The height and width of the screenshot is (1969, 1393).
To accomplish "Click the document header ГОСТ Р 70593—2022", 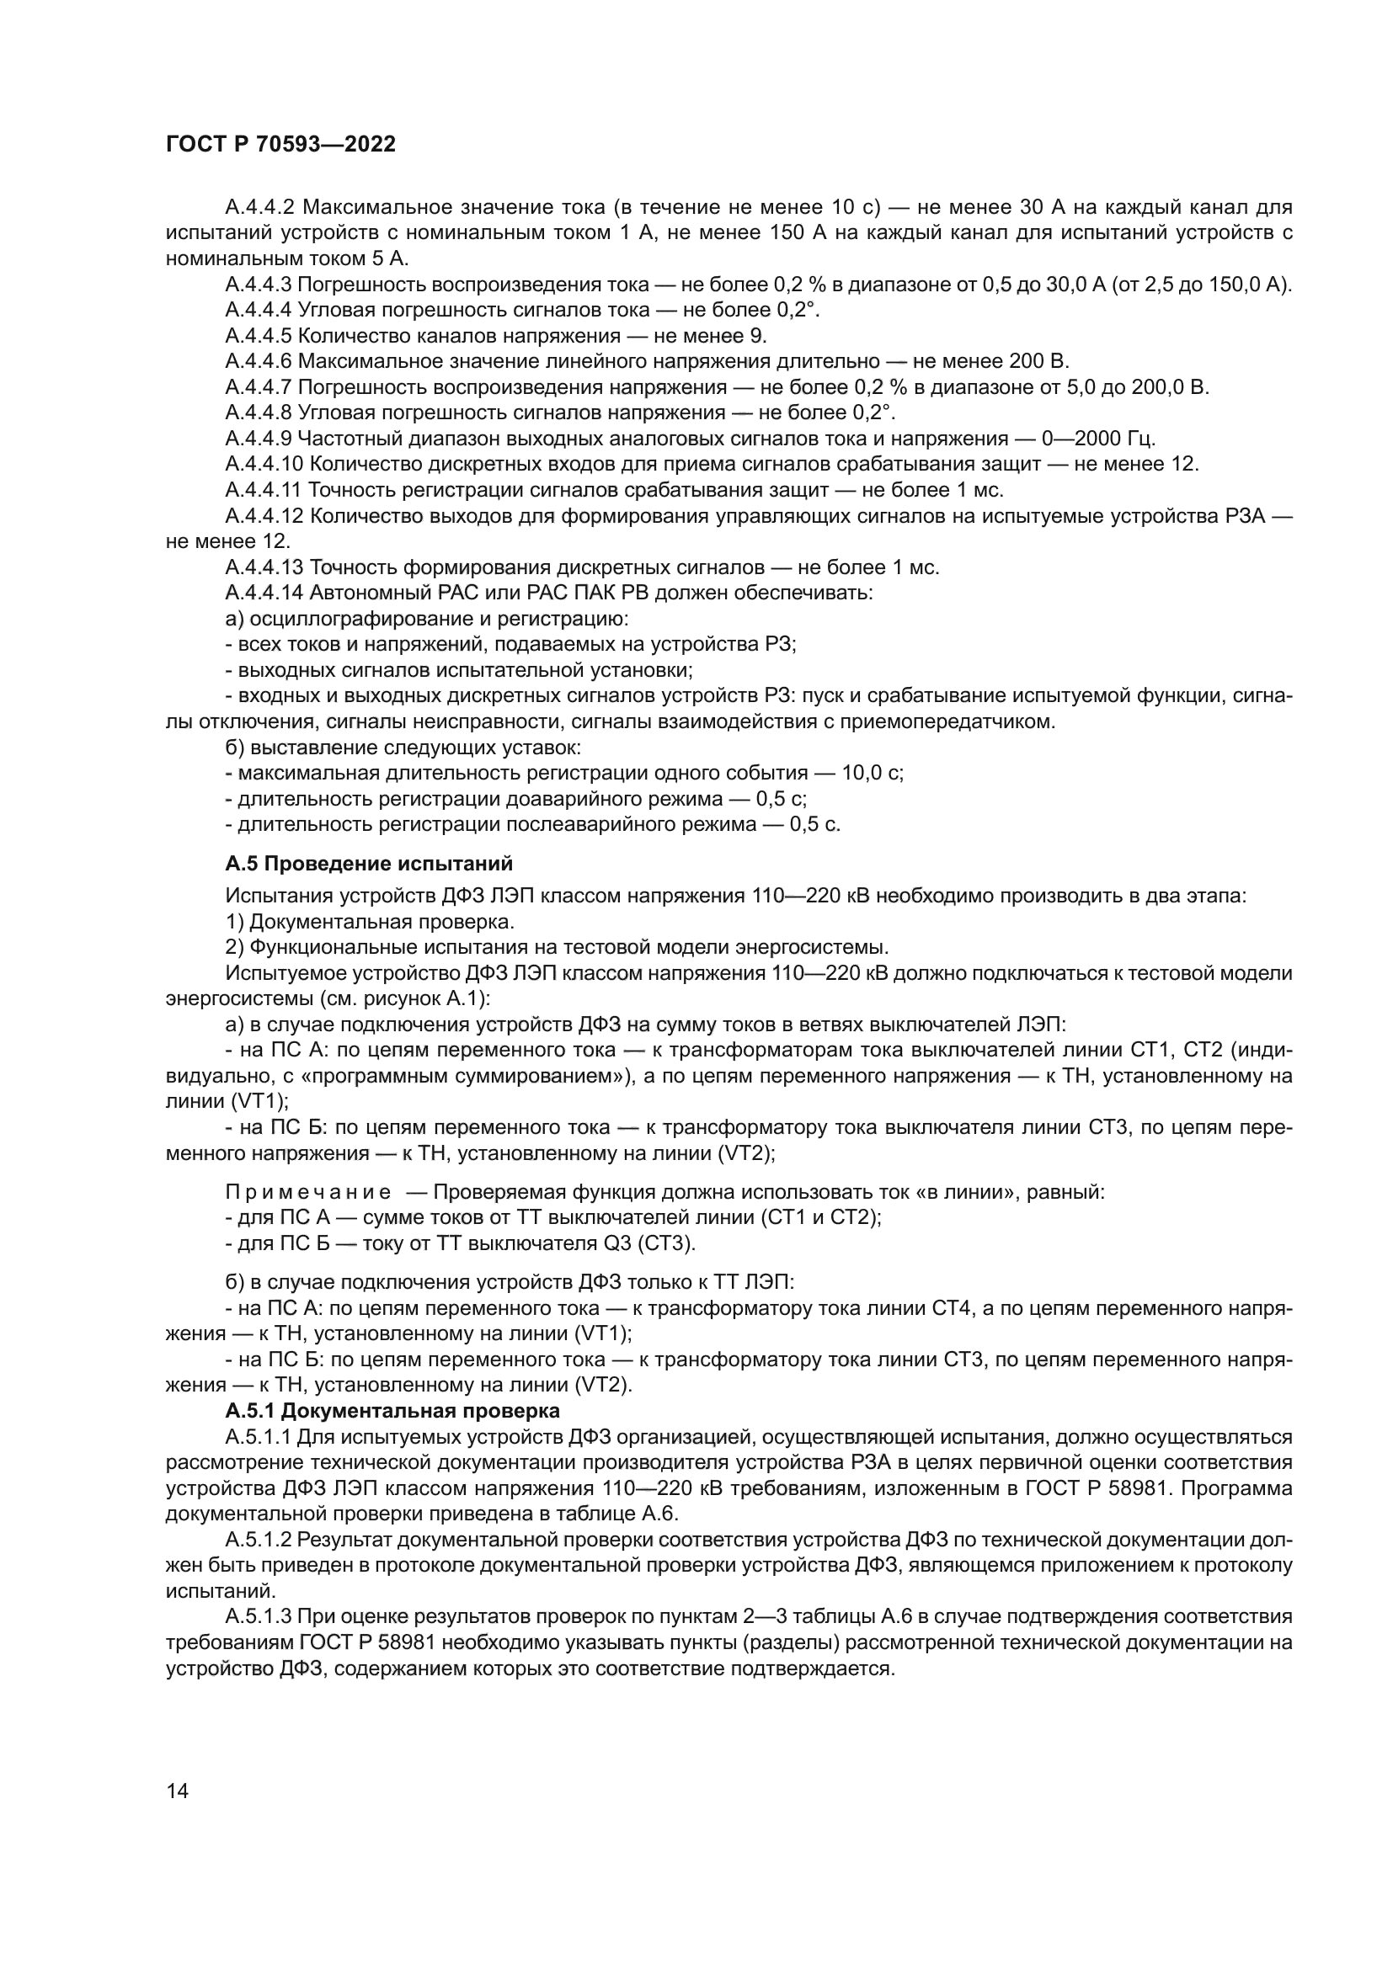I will (280, 144).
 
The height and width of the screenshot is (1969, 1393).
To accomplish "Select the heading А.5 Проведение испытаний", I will (369, 863).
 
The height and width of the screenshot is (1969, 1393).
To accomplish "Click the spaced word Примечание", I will (308, 1193).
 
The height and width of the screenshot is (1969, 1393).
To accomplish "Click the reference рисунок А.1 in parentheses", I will (432, 1000).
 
